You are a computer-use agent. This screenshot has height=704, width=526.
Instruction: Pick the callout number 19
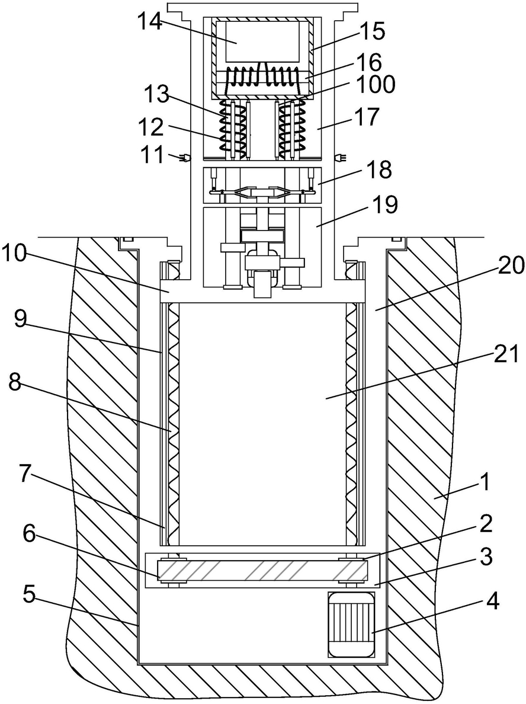[384, 206]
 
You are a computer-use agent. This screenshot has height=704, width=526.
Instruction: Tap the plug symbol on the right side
[341, 158]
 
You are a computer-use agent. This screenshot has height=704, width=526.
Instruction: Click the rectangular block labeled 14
[262, 41]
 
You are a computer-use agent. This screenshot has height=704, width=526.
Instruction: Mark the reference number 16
[370, 62]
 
